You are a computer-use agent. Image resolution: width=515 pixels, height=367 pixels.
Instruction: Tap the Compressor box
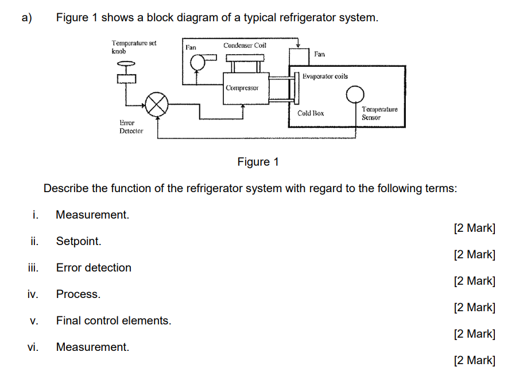point(242,89)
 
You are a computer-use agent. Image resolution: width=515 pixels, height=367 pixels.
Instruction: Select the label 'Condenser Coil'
point(245,45)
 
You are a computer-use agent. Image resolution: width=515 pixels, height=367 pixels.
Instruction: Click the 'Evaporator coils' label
point(325,76)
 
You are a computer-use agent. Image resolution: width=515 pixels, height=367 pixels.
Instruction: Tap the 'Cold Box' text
point(311,113)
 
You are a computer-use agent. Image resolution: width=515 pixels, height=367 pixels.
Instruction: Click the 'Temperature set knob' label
point(134,47)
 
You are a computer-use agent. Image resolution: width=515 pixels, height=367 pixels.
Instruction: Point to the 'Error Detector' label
point(131,127)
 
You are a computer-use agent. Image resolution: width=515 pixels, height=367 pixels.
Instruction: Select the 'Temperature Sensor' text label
point(379,113)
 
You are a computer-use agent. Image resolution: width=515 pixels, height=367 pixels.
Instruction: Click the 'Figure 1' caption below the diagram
point(258,162)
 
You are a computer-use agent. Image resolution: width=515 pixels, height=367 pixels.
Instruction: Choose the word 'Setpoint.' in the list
point(79,241)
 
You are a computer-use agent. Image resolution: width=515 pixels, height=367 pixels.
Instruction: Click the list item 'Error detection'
point(94,267)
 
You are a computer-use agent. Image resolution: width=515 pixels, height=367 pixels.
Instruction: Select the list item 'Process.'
point(78,294)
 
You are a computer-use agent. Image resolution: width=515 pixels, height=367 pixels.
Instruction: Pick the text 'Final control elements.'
point(114,320)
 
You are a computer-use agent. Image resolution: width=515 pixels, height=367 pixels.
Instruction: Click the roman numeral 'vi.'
point(33,347)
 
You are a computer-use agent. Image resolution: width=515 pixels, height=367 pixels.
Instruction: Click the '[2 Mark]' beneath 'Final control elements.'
point(474,334)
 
